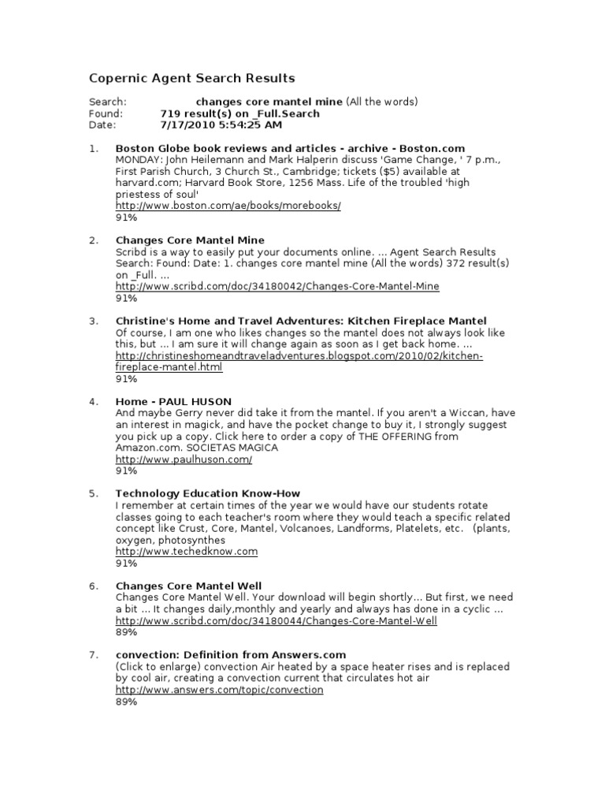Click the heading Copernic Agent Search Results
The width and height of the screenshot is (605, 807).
click(191, 78)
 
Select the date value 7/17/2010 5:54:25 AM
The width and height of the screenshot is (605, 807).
click(221, 125)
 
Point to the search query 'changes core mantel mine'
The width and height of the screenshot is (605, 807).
click(269, 102)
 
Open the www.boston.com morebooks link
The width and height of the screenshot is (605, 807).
click(228, 205)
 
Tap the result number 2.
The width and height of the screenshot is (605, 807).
click(94, 240)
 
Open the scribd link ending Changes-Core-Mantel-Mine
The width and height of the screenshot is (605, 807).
click(277, 286)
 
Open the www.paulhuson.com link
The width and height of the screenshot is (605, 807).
click(184, 459)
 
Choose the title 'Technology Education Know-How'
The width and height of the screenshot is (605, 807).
click(207, 493)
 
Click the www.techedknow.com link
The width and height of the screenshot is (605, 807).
click(187, 551)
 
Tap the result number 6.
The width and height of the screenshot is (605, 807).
click(94, 586)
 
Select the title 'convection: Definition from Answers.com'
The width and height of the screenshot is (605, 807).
click(230, 655)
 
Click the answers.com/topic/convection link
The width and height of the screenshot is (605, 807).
click(219, 690)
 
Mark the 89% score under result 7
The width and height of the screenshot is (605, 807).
click(126, 701)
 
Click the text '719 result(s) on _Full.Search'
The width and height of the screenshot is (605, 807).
click(239, 113)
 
